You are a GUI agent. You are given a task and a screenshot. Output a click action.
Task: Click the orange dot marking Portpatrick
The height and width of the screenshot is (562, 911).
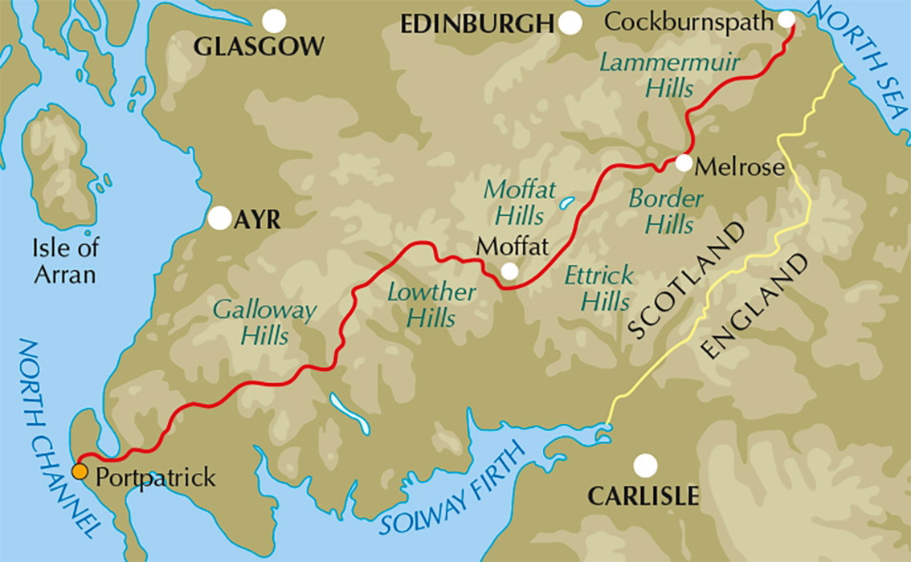(80, 471)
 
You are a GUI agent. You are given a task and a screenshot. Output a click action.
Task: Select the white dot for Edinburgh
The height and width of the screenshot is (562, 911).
(570, 23)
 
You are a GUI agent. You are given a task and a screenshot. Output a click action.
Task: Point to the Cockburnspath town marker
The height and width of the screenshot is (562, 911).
(786, 19)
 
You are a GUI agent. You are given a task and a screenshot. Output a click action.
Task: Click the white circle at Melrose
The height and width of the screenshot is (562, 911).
(684, 163)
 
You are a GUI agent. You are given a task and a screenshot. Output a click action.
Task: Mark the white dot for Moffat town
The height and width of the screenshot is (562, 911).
(509, 271)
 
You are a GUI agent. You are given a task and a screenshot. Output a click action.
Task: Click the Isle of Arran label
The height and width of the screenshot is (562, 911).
(64, 262)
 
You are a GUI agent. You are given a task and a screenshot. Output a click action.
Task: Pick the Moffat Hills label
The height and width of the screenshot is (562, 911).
(519, 203)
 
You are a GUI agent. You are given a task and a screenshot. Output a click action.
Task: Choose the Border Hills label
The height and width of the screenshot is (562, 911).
(666, 211)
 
